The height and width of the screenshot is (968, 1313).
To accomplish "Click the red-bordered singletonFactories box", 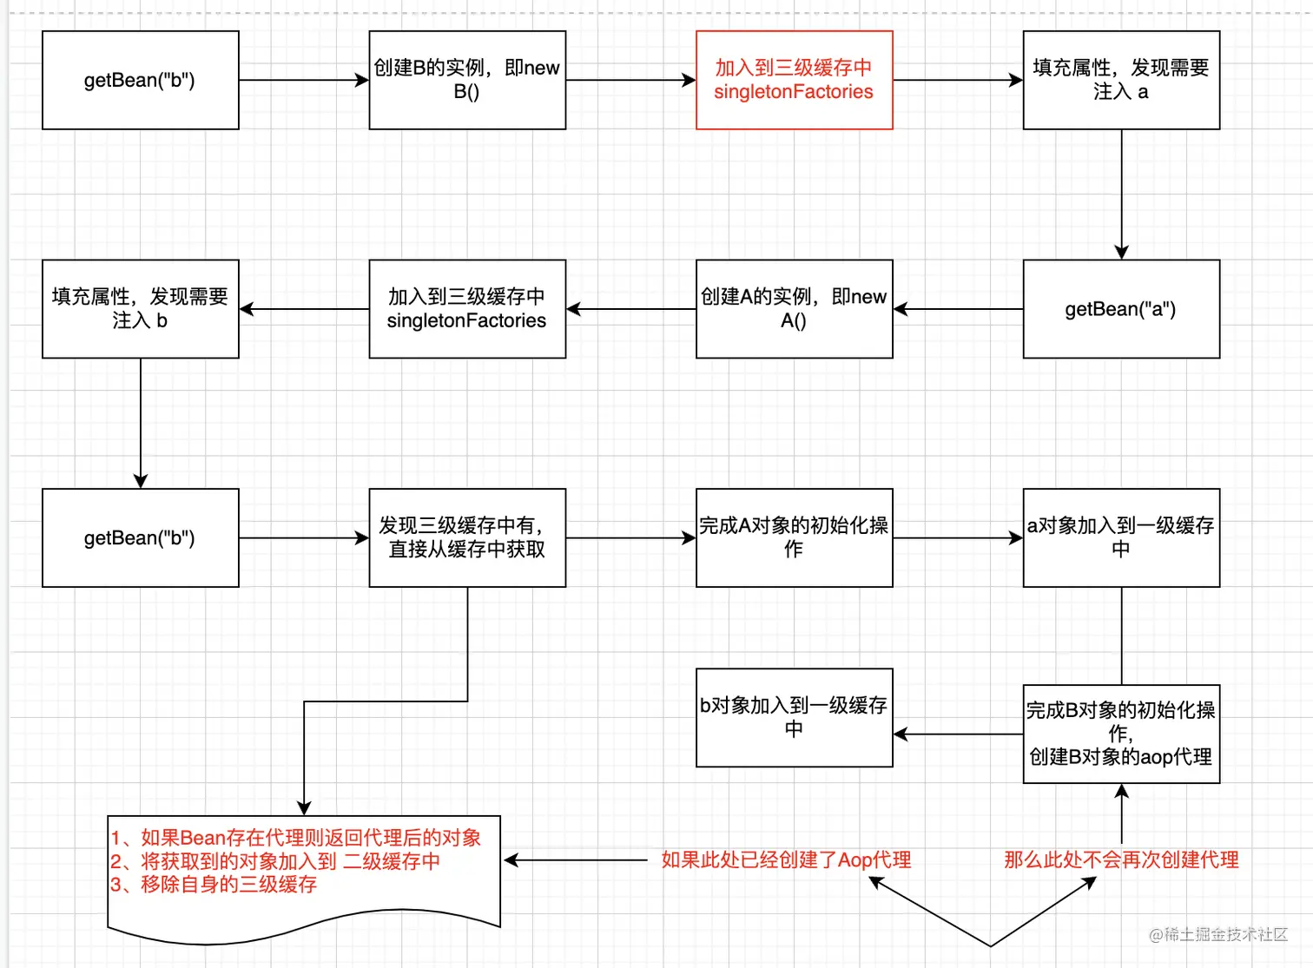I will [794, 80].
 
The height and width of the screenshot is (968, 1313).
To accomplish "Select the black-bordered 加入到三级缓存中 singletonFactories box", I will [467, 309].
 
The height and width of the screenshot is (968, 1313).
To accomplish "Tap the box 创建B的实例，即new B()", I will [467, 80].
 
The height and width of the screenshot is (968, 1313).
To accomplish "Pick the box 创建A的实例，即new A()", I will [794, 309].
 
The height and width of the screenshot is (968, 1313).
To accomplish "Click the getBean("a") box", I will [1121, 309].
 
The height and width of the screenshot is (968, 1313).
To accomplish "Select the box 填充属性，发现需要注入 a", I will [1121, 80].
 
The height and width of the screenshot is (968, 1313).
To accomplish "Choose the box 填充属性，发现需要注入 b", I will [140, 309].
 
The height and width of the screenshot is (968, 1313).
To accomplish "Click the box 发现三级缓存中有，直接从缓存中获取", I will [467, 537].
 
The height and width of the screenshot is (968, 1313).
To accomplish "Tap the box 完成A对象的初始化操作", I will [794, 537].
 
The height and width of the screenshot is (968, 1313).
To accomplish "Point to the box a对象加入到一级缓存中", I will [1121, 537].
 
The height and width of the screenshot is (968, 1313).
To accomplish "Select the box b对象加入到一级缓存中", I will [794, 717].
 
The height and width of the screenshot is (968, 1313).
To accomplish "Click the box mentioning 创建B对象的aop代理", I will [1121, 734].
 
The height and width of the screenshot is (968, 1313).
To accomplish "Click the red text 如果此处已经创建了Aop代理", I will [786, 860].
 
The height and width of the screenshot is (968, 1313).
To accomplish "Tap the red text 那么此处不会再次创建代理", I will [1121, 860].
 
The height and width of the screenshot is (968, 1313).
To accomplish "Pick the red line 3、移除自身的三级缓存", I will [214, 885].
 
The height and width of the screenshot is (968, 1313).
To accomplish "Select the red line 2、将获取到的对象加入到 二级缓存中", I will [275, 861].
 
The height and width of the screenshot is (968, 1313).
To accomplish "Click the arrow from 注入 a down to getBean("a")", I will [1121, 194].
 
